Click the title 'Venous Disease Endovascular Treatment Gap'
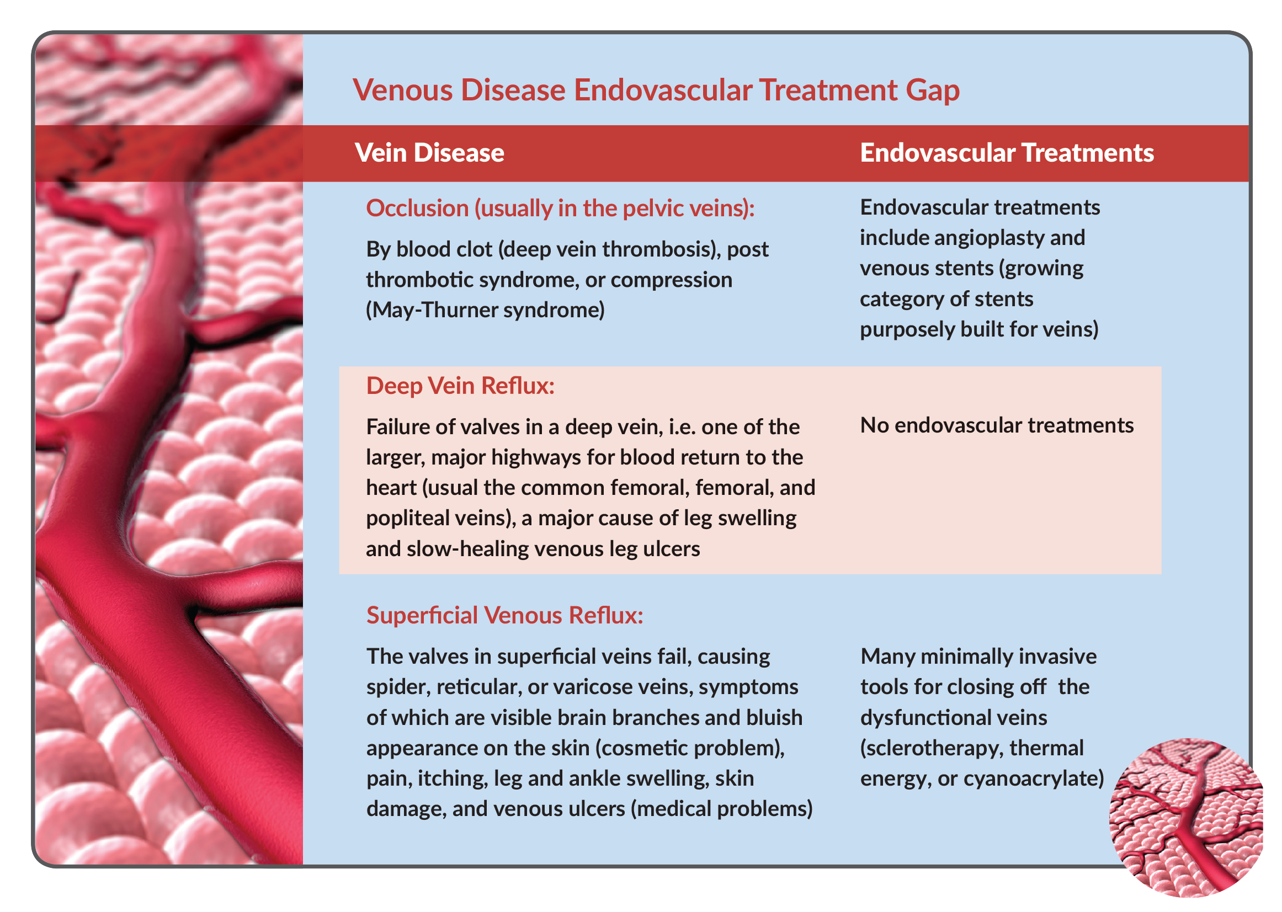656,90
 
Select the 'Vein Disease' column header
429,153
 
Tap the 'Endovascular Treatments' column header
1006,153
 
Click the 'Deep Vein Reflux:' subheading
460,386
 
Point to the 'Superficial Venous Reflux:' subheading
504,616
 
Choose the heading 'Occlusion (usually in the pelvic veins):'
560,209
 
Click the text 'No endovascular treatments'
997,425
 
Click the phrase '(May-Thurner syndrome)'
485,310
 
